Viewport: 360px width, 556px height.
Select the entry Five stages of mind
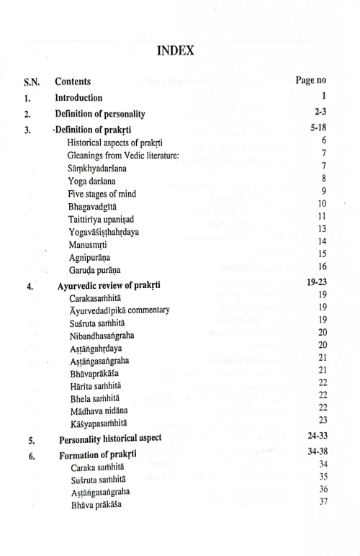click(x=102, y=194)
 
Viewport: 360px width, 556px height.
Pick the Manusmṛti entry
click(x=87, y=246)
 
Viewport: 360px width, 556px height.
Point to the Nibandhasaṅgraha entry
click(x=102, y=335)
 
